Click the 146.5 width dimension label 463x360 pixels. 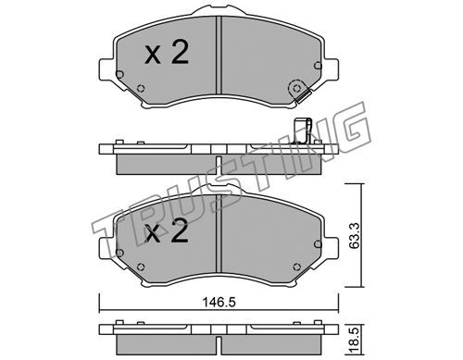click(219, 302)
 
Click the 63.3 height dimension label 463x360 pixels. click(355, 236)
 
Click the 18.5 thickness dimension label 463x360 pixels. click(355, 341)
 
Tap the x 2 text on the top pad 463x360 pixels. click(167, 53)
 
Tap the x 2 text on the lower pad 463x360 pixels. click(167, 231)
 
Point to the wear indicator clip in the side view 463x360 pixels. click(303, 130)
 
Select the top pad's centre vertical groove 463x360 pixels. click(219, 55)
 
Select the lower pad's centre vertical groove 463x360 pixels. click(219, 233)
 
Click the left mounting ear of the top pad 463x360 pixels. click(106, 70)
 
